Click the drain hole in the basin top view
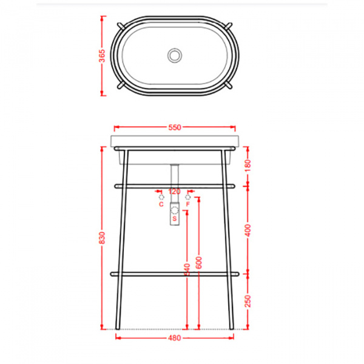click(x=175, y=55)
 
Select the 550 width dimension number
click(x=175, y=128)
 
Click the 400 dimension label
click(x=248, y=229)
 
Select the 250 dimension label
click(x=248, y=301)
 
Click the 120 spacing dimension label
click(x=175, y=192)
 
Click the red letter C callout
click(x=161, y=204)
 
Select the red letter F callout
click(x=189, y=204)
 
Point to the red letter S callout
click(x=175, y=218)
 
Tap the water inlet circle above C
click(x=161, y=197)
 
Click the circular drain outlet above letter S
click(x=175, y=211)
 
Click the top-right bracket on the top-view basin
click(x=230, y=25)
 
